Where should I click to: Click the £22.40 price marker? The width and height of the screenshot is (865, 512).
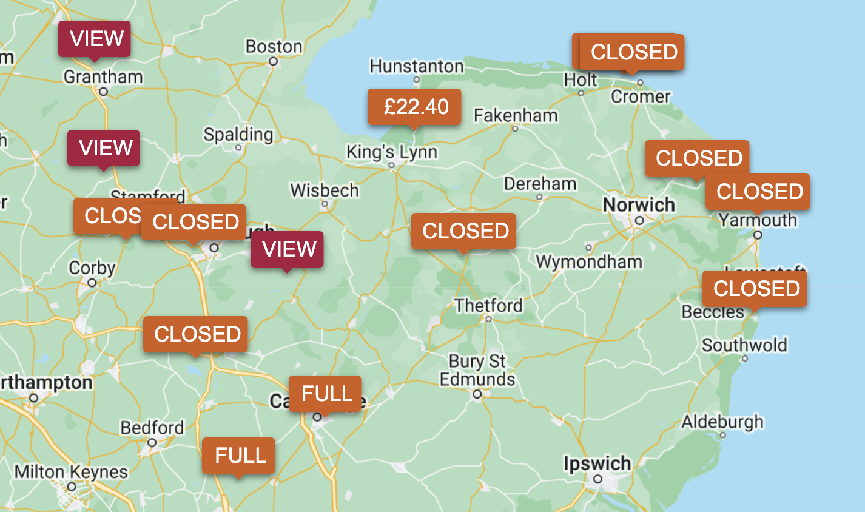point(414,107)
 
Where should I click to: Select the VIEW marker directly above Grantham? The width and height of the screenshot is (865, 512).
point(94,39)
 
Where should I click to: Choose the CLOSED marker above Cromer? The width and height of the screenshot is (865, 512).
point(633,52)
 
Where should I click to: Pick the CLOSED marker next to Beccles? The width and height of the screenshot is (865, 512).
point(755,289)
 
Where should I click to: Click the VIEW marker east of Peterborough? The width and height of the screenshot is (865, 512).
point(288,249)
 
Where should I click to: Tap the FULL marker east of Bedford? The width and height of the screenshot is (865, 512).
point(238,456)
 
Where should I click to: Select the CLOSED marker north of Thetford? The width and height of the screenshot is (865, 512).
point(463,231)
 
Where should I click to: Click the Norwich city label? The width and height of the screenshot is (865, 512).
point(639,205)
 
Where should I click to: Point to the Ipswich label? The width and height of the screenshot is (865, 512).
point(597,464)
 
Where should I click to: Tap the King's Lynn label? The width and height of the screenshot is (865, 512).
point(391,152)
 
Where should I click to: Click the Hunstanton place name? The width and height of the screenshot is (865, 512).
point(417,66)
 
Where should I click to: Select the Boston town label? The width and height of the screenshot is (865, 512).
point(274,47)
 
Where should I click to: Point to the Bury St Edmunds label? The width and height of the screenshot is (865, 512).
point(477,370)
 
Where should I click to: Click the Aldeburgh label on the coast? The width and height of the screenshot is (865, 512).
point(722,422)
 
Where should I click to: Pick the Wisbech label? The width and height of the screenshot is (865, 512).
point(325,190)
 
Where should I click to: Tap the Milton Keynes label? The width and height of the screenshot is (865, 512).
point(71,471)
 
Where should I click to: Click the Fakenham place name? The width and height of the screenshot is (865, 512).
point(516,115)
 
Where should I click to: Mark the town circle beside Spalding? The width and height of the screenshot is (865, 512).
point(238,147)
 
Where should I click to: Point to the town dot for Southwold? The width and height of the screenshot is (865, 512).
point(745,359)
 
